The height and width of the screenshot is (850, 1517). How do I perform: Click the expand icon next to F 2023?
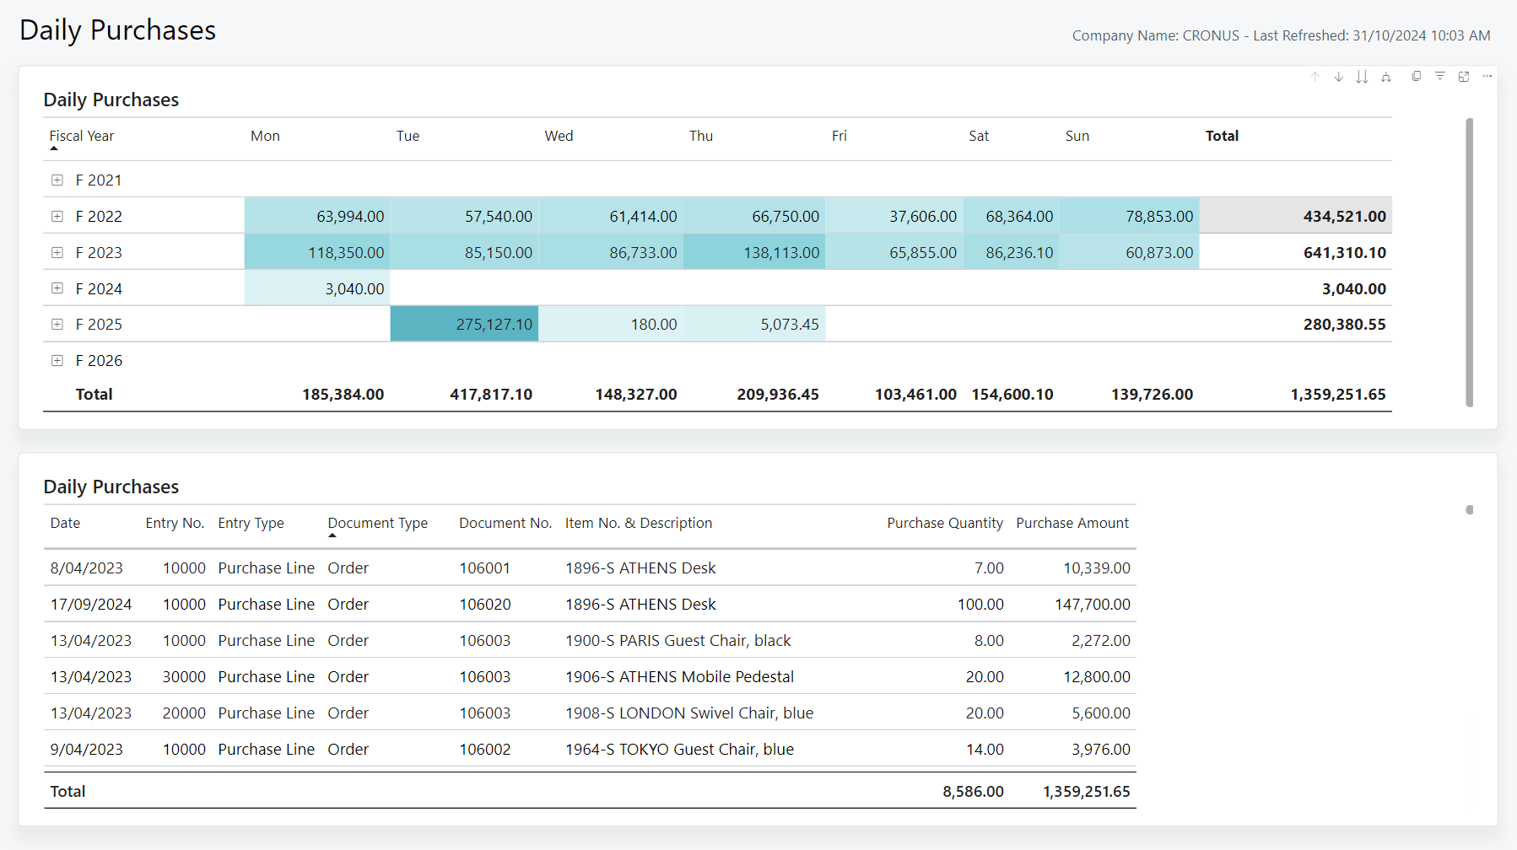click(x=57, y=252)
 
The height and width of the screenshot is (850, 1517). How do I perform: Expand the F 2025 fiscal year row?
click(x=57, y=324)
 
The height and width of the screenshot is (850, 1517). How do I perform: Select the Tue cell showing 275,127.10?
click(x=494, y=325)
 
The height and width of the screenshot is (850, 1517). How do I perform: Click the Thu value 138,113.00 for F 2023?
click(x=781, y=253)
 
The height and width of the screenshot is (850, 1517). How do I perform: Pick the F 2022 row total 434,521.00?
click(x=1344, y=217)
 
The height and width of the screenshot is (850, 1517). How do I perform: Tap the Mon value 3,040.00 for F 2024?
click(x=354, y=289)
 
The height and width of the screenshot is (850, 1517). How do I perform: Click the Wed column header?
click(x=559, y=136)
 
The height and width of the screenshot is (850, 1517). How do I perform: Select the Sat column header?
click(x=979, y=136)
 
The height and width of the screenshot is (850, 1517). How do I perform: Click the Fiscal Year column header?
click(x=82, y=136)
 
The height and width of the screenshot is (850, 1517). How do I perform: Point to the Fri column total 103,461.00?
click(x=915, y=395)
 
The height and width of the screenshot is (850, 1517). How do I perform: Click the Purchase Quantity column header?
click(x=945, y=523)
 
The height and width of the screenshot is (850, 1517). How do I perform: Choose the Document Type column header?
click(x=378, y=523)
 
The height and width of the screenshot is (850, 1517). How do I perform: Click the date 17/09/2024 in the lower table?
click(x=91, y=605)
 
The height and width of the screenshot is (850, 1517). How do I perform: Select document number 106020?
click(x=485, y=605)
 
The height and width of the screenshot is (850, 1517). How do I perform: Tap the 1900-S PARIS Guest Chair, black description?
click(x=678, y=641)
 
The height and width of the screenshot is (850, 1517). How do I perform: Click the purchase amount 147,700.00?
click(x=1093, y=605)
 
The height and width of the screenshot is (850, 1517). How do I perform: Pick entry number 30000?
click(x=184, y=677)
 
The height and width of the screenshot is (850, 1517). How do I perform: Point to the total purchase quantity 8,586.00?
click(x=973, y=792)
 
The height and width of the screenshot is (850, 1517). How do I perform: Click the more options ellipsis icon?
click(x=1487, y=76)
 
